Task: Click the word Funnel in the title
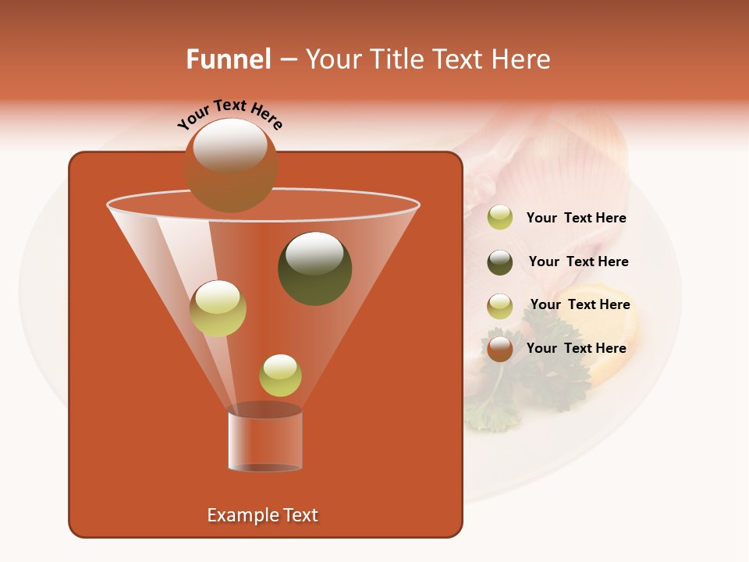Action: tap(229, 59)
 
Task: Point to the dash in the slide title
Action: tap(287, 60)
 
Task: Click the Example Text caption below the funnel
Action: tap(262, 515)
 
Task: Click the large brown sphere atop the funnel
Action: tap(231, 165)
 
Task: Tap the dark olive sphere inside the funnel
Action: tap(315, 269)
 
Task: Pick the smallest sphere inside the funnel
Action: tap(280, 375)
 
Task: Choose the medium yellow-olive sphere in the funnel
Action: tap(218, 308)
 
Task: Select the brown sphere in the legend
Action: tap(500, 348)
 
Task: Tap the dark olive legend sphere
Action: tap(500, 262)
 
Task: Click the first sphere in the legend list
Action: tap(500, 218)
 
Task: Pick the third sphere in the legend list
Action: tap(500, 306)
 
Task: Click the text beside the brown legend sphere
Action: tap(576, 348)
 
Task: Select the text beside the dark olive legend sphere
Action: tap(578, 261)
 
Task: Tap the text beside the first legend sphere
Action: tap(576, 218)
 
